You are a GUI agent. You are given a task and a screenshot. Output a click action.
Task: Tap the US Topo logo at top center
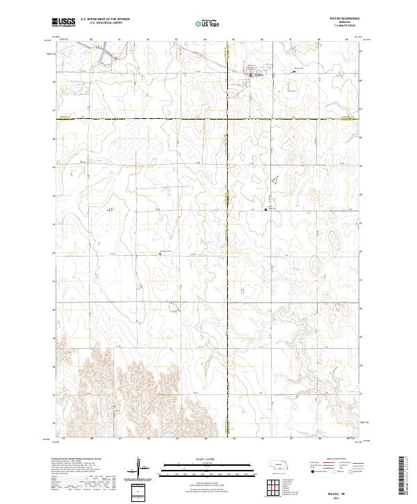[208, 24]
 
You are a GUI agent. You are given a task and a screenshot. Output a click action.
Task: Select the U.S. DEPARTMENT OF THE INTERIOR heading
[105, 19]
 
